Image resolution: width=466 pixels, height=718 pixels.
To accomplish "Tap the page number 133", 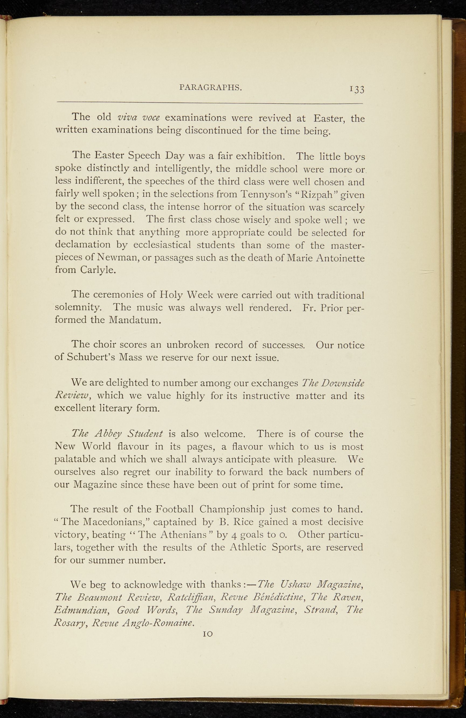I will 357,89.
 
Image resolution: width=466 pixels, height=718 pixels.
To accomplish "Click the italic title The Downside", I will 333,382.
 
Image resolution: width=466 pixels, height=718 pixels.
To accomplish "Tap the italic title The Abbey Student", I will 117,434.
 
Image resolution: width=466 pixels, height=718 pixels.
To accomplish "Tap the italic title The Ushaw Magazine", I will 310,585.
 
